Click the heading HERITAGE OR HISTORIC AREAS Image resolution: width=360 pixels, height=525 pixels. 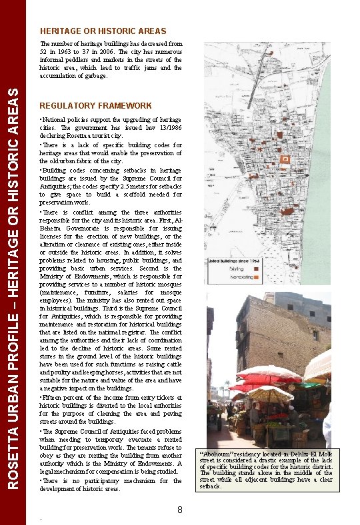coord(103,31)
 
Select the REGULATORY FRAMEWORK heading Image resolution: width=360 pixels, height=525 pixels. coord(95,106)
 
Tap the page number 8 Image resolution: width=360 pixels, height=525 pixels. coord(180,510)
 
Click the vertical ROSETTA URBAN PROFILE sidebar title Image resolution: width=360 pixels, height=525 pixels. coord(13,286)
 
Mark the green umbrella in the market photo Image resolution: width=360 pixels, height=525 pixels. coord(309,384)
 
